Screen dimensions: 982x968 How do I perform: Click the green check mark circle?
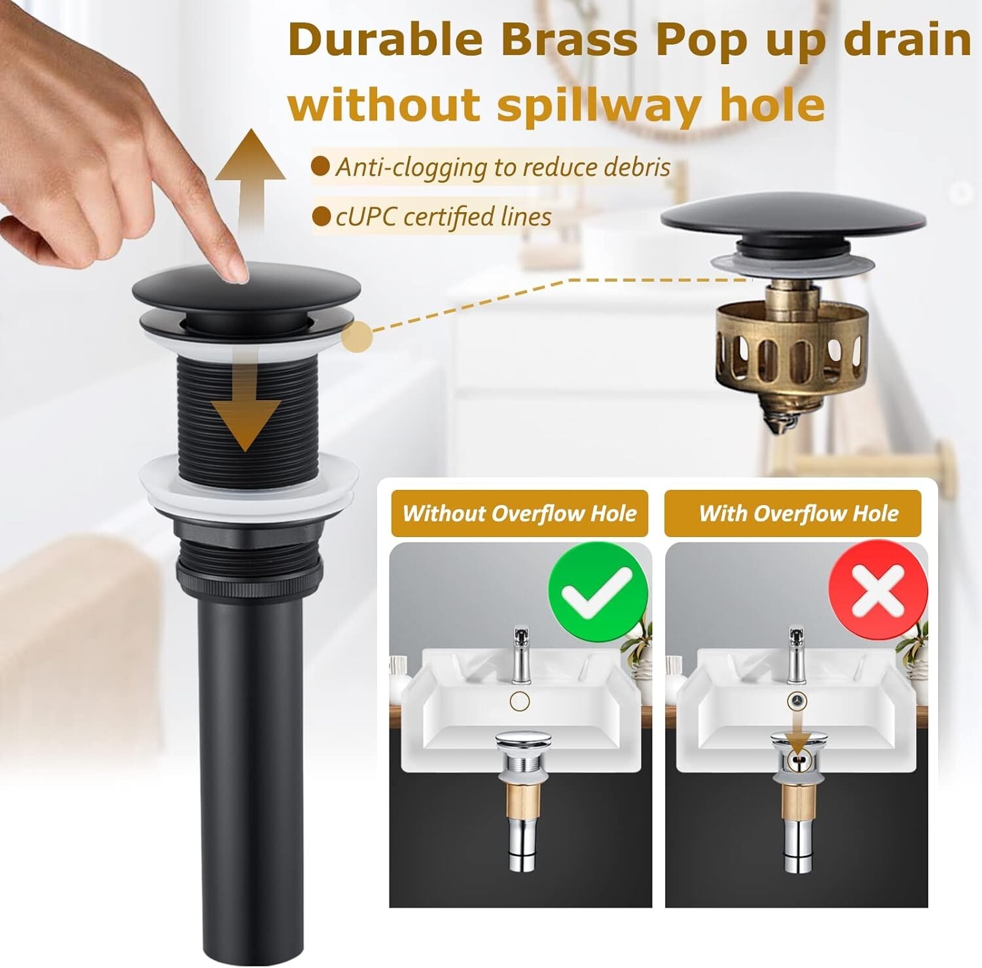point(598,593)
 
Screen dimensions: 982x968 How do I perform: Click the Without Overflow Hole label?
point(520,513)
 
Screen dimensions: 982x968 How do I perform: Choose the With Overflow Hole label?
point(799,513)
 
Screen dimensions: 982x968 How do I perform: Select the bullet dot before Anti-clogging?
point(320,166)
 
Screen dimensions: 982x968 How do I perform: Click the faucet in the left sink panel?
point(520,655)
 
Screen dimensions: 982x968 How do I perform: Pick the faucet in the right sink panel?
point(797,655)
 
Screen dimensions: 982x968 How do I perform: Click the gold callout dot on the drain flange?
point(357,337)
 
